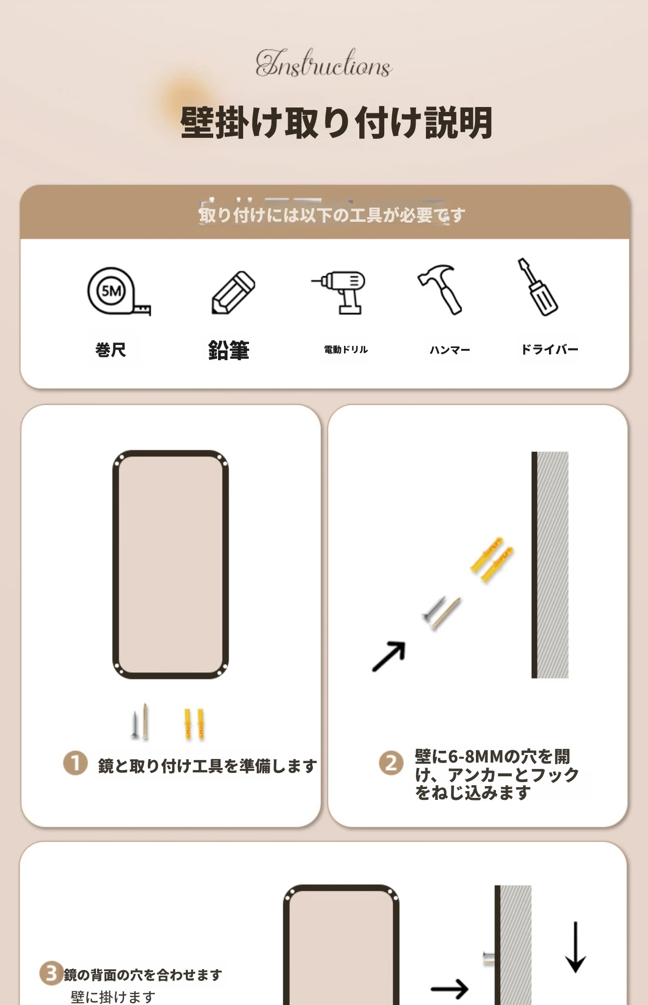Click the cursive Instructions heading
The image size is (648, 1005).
click(x=324, y=63)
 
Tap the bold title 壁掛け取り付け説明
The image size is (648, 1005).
click(x=336, y=122)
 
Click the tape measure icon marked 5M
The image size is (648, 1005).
click(x=118, y=291)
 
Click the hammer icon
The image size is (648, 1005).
click(x=440, y=290)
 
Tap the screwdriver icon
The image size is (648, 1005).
click(x=538, y=287)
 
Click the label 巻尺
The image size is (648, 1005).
click(x=111, y=350)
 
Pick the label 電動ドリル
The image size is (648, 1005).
click(x=346, y=349)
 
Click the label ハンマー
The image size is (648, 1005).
click(x=450, y=350)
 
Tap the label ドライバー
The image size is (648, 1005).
click(x=549, y=349)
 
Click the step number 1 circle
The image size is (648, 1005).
click(x=75, y=764)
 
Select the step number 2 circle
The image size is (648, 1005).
click(x=391, y=763)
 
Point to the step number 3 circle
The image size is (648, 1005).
click(x=51, y=973)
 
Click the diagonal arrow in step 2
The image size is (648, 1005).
click(x=389, y=656)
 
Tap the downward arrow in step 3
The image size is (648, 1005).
click(x=575, y=947)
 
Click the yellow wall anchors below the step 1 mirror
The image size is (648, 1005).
click(x=194, y=723)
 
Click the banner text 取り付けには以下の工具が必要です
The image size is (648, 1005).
click(x=332, y=215)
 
